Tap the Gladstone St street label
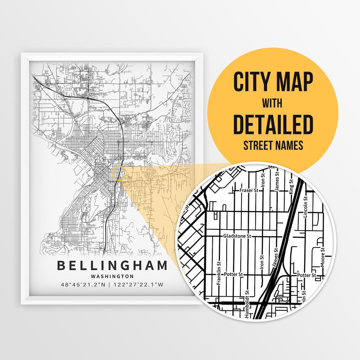point(237,236)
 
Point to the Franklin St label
point(219,273)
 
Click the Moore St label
point(322,257)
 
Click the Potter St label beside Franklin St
point(233,274)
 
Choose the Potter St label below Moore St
point(306,275)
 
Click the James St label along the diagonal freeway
point(275,258)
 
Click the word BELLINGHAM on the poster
point(112,266)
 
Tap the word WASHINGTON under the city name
point(112,276)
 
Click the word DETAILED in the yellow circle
point(273,124)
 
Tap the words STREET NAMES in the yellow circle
point(273,145)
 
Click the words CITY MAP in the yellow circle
point(273,82)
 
